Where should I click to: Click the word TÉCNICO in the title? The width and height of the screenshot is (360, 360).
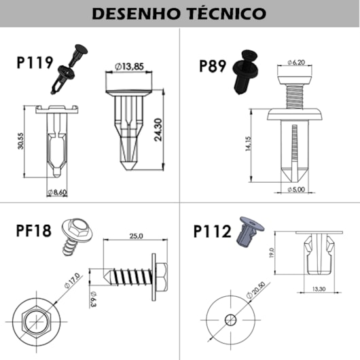[226, 14]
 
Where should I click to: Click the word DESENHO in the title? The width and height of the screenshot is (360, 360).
[136, 14]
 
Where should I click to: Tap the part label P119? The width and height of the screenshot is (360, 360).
[35, 62]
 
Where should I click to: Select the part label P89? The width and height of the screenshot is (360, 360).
[213, 66]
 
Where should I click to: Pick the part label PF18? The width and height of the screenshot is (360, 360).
[33, 230]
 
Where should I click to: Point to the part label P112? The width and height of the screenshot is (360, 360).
[213, 231]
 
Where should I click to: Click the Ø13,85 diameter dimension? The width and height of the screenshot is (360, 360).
[129, 67]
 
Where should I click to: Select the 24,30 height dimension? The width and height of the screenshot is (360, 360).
[158, 130]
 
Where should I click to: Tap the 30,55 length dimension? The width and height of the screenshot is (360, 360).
[20, 141]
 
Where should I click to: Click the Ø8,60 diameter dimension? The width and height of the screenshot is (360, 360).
[58, 192]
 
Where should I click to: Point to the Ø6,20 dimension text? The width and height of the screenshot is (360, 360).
[296, 62]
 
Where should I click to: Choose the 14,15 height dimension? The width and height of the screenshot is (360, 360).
[248, 144]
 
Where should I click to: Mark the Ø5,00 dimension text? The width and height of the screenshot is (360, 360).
[296, 190]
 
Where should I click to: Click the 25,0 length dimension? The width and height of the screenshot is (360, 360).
[136, 236]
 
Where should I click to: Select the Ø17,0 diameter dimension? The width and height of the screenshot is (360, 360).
[72, 281]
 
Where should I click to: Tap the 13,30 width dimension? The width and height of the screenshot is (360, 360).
[319, 289]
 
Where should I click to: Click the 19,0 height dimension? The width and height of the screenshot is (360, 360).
[272, 253]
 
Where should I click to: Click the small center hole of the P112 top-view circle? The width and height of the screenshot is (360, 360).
[230, 320]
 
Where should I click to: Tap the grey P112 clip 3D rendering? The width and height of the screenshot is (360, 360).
[250, 232]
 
